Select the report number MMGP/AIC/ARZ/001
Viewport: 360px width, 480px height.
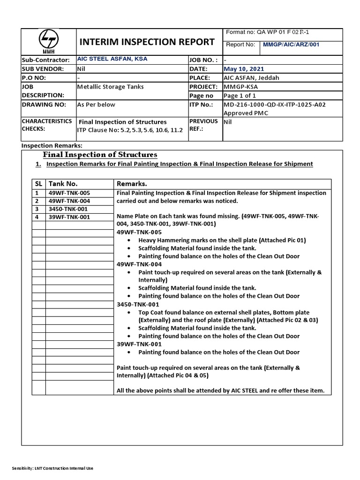(x=290, y=45)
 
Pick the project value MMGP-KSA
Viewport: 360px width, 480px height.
(x=241, y=87)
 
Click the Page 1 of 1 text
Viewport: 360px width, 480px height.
(x=241, y=96)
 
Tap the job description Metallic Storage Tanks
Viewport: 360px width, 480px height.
(x=110, y=87)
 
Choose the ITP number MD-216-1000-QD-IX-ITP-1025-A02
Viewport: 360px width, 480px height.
(x=281, y=105)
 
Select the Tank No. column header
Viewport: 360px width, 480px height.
(x=63, y=184)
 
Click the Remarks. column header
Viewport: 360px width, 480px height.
(x=132, y=184)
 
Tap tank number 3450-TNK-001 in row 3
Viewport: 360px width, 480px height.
(x=68, y=209)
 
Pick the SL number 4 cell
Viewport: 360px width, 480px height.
(x=36, y=217)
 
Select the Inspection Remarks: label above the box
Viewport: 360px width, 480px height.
(x=52, y=146)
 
